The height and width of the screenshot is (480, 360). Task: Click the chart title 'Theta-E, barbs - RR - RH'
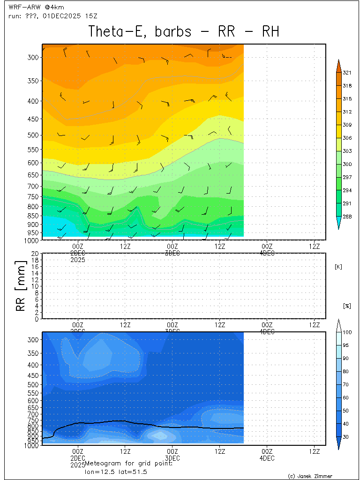pyautogui.click(x=184, y=32)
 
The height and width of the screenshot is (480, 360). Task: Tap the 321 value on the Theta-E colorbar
pyautogui.click(x=347, y=73)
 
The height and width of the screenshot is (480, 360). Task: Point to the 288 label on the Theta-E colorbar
pyautogui.click(x=347, y=217)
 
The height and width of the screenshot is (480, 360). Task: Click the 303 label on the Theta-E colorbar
pyautogui.click(x=347, y=151)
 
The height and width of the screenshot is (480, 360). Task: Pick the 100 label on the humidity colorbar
pyautogui.click(x=347, y=332)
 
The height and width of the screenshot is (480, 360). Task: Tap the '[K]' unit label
pyautogui.click(x=338, y=267)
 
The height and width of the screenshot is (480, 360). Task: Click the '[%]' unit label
pyautogui.click(x=347, y=306)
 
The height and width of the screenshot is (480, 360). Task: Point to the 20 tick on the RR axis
pyautogui.click(x=34, y=253)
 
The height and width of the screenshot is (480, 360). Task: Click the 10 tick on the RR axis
pyautogui.click(x=34, y=286)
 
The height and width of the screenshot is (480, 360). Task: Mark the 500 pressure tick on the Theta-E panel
pyautogui.click(x=33, y=135)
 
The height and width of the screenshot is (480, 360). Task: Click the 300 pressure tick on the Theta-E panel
pyautogui.click(x=33, y=57)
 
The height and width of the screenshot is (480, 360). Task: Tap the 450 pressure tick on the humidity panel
pyautogui.click(x=33, y=375)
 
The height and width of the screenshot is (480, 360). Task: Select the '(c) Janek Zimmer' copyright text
pyautogui.click(x=310, y=476)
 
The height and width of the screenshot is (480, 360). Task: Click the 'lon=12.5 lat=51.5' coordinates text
pyautogui.click(x=112, y=472)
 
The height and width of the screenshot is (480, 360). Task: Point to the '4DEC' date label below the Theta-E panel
pyautogui.click(x=267, y=253)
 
